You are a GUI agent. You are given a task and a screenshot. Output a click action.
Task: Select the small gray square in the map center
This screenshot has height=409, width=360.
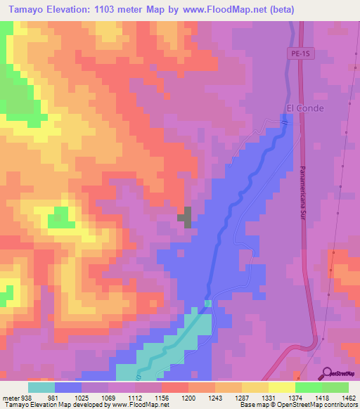click(184, 216)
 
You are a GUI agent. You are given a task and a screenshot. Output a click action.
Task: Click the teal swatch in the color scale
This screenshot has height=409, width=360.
click(41, 387)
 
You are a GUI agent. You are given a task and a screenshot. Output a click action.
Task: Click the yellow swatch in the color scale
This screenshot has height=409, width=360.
click(282, 387)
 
